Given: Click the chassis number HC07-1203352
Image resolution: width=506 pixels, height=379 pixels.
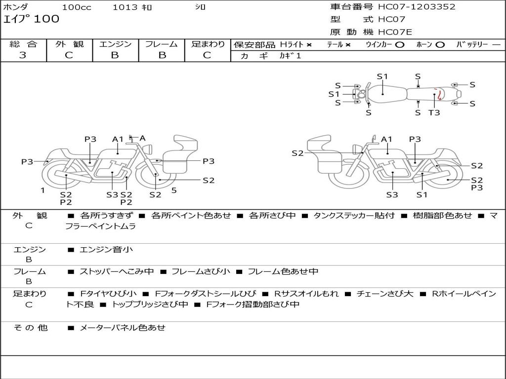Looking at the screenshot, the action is (x=417, y=7).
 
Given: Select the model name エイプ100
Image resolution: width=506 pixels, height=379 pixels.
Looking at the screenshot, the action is (x=31, y=19).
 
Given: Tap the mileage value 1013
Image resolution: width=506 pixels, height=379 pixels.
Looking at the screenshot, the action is (x=124, y=7).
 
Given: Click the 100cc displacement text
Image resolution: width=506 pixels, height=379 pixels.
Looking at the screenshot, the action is (x=77, y=7).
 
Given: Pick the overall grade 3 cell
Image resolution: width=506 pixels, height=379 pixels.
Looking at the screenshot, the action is (x=23, y=55).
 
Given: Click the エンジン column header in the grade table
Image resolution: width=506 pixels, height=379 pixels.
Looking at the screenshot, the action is (x=115, y=44).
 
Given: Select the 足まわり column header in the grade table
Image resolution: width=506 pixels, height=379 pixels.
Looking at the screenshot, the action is (x=208, y=44).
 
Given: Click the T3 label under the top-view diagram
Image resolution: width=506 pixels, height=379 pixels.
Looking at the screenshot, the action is (x=434, y=113).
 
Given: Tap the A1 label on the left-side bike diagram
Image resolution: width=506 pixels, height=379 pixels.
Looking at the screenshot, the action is (x=118, y=139).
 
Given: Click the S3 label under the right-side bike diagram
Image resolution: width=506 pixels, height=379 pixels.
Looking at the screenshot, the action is (x=392, y=194).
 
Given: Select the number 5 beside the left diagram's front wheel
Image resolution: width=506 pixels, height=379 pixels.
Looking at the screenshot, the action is (x=174, y=190).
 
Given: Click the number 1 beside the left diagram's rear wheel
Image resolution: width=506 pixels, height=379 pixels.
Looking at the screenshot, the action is (x=43, y=190).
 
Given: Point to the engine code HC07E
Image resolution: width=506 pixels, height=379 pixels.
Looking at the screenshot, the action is (x=395, y=32).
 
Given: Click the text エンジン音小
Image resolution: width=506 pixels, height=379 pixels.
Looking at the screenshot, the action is (x=106, y=250).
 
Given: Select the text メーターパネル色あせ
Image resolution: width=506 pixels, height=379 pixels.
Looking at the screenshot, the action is (x=123, y=328).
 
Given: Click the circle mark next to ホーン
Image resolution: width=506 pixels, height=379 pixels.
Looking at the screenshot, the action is (x=440, y=45).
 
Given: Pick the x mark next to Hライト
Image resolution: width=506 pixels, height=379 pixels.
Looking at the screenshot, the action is (x=309, y=45).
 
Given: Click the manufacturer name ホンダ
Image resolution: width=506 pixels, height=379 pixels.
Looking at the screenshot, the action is (x=16, y=7).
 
